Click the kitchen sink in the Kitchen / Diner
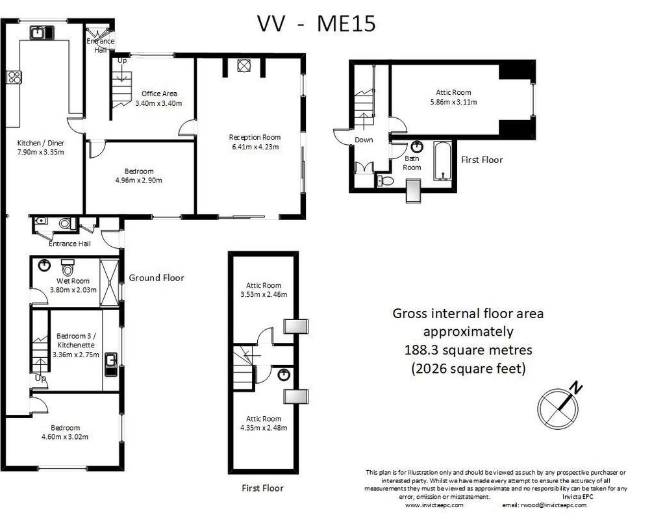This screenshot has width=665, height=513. coord(42,32)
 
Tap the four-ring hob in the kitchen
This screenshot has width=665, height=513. coord(14,77)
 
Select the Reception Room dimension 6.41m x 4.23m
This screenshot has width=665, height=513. coord(255,147)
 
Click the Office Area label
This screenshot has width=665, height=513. coord(160,94)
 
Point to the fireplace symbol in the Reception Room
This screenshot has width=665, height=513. coord(244,66)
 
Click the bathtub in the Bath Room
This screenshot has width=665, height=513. coord(443,161)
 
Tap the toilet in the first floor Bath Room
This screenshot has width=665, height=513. coord(385,181)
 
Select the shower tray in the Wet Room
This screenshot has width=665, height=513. coord(109,282)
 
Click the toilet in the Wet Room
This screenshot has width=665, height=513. coord(68,268)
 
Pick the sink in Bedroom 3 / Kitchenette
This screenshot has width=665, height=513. coord(110,364)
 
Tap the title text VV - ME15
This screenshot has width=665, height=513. coord(316,23)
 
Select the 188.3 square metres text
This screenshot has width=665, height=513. coord(468,350)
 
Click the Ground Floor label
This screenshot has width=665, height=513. coord(157,278)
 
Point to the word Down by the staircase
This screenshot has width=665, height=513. coord(364,140)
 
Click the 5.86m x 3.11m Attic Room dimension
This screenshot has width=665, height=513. coord(453,102)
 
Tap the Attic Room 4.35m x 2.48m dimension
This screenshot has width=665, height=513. coord(264,428)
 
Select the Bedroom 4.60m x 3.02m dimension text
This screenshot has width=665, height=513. coord(65,436)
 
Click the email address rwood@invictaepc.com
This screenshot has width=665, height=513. coord(544,505)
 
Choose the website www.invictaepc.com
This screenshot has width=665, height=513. coord(434,505)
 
